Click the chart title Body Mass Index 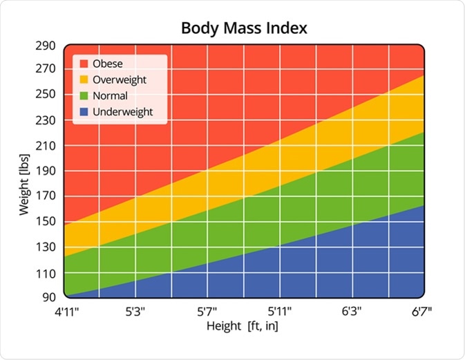point(244,28)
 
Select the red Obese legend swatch point(85,64)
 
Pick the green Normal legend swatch point(85,95)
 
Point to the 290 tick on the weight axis point(46,45)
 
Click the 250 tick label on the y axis point(46,94)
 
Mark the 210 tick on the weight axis point(46,145)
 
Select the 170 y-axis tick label point(46,197)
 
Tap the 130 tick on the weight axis point(46,247)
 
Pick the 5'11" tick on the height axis point(279,312)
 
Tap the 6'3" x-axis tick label point(351,312)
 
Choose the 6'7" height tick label point(421,312)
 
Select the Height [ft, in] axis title point(243,326)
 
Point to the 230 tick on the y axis point(46,120)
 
